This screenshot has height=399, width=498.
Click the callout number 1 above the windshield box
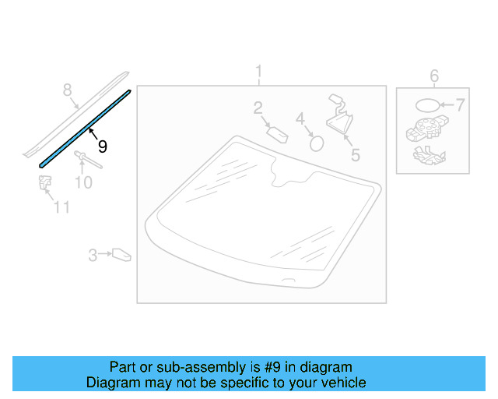tap(259, 73)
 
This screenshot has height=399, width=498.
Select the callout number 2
tap(258, 109)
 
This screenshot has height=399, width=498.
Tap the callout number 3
tap(93, 255)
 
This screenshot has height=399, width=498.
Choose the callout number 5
tap(355, 154)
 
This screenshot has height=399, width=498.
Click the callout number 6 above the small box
tap(434, 76)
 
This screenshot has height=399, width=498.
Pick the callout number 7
tap(459, 104)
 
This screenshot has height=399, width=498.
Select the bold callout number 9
tap(102, 146)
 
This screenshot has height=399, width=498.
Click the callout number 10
tap(83, 182)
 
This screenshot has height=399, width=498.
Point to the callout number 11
tap(61, 207)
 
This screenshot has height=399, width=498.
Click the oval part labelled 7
tap(426, 105)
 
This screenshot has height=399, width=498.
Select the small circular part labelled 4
tap(317, 142)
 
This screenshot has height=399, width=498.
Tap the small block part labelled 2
tap(278, 133)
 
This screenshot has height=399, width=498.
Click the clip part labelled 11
tap(44, 184)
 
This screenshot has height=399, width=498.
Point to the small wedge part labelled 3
tap(121, 254)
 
